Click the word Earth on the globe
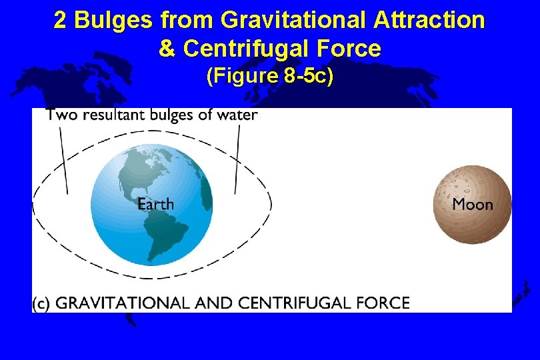[x=155, y=204]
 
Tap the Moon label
[x=473, y=205]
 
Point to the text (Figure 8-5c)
[x=270, y=77]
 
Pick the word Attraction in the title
[x=429, y=21]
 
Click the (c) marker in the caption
[x=41, y=303]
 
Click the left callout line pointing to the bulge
[x=63, y=160]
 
